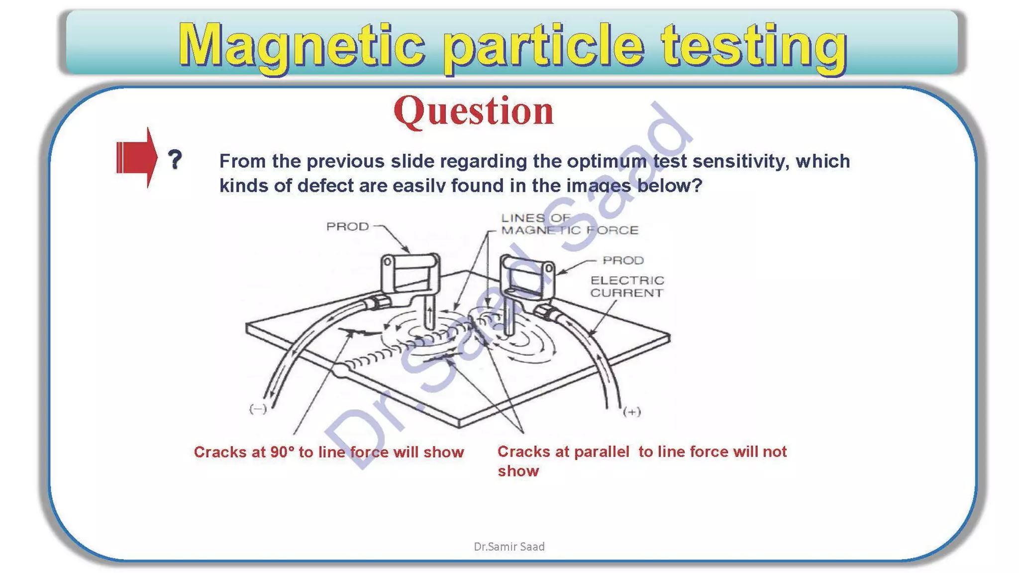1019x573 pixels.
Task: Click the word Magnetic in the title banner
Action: (x=301, y=46)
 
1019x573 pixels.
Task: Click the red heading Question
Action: (x=473, y=111)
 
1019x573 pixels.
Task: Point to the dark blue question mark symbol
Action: (x=175, y=159)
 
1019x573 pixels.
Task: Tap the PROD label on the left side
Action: (x=347, y=226)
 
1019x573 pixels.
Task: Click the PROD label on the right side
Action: (x=623, y=260)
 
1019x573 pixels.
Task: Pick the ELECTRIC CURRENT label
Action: (x=627, y=286)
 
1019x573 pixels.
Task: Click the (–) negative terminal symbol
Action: (x=258, y=409)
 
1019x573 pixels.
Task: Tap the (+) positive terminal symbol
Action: (x=632, y=411)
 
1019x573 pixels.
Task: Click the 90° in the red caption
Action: (x=282, y=452)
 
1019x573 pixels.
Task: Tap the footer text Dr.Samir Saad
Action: (x=509, y=547)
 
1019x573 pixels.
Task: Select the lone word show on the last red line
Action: (x=518, y=471)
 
